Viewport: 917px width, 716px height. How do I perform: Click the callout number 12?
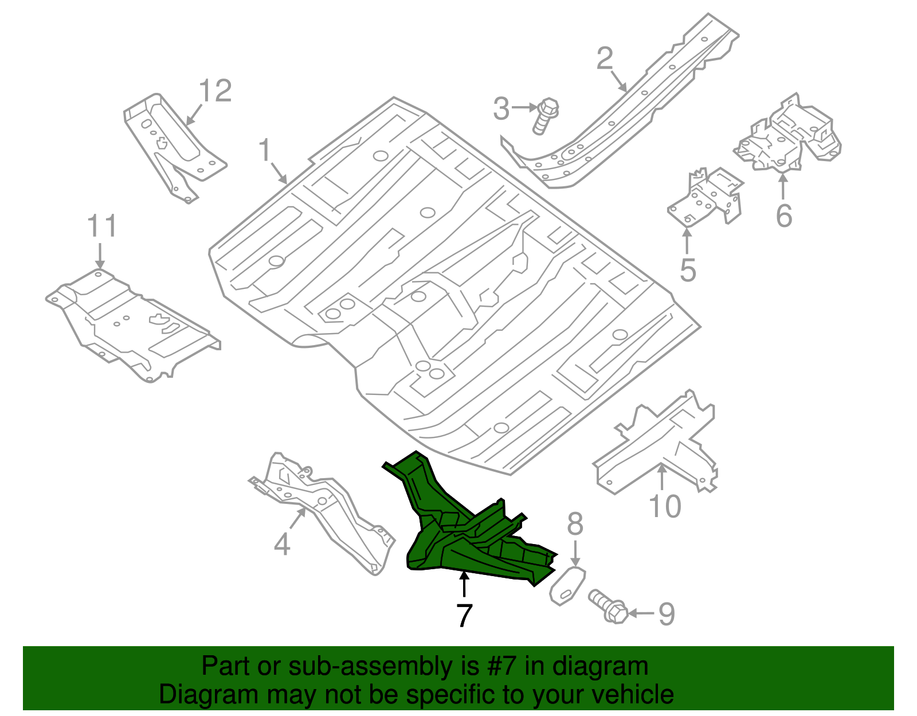[x=215, y=91]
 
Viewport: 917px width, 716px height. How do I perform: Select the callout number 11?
[x=102, y=226]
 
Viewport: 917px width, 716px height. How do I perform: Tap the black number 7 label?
[x=464, y=615]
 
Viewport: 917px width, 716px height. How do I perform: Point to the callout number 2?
[x=605, y=58]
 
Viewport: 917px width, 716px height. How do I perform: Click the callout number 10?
[x=665, y=507]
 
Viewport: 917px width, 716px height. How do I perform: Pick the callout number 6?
[x=784, y=216]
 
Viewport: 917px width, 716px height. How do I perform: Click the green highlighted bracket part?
[x=458, y=533]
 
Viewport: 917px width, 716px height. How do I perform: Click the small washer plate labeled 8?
[x=567, y=585]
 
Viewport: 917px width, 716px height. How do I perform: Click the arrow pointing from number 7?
[x=464, y=586]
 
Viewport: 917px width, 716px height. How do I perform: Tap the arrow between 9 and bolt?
[x=641, y=613]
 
